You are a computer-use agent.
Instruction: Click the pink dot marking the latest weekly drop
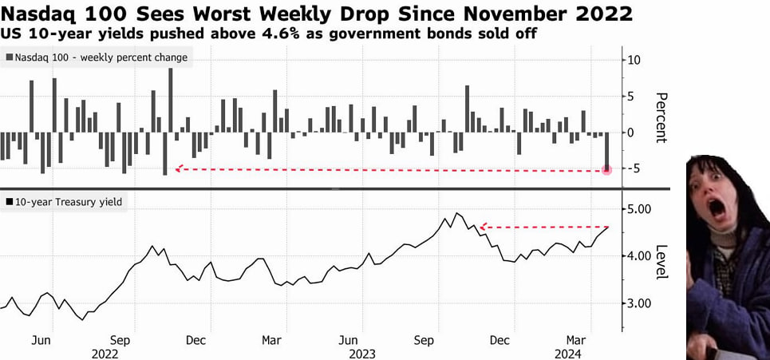(x=606, y=169)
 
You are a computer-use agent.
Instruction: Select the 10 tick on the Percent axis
(x=635, y=60)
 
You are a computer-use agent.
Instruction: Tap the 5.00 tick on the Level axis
(x=640, y=209)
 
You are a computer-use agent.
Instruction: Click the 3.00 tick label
(x=640, y=303)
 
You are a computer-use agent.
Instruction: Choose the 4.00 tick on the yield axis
(x=640, y=256)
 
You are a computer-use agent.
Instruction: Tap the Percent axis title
(x=661, y=117)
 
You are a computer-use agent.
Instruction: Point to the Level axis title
(x=661, y=262)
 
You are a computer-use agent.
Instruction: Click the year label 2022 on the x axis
(x=105, y=353)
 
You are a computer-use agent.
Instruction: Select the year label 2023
(x=361, y=353)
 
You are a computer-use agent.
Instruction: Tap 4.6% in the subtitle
(x=248, y=34)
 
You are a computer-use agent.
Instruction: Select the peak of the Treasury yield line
(x=456, y=213)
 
